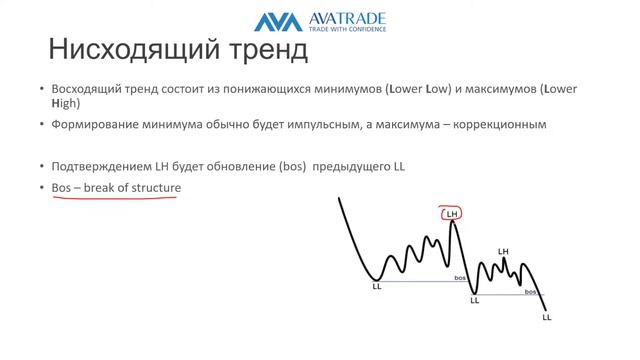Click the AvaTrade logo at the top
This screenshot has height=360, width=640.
pyautogui.click(x=319, y=21)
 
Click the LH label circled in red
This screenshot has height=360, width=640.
pyautogui.click(x=451, y=213)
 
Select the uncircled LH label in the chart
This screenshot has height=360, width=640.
pyautogui.click(x=503, y=251)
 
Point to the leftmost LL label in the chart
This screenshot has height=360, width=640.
pyautogui.click(x=377, y=287)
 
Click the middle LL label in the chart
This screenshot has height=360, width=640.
pyautogui.click(x=474, y=299)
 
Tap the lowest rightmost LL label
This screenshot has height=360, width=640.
pyautogui.click(x=547, y=317)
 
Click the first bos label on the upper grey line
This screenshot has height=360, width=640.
pyautogui.click(x=459, y=278)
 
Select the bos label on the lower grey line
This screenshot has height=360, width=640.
pyautogui.click(x=531, y=291)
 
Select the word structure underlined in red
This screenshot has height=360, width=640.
pyautogui.click(x=153, y=187)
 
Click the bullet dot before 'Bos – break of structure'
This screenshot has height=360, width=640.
pyautogui.click(x=41, y=188)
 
